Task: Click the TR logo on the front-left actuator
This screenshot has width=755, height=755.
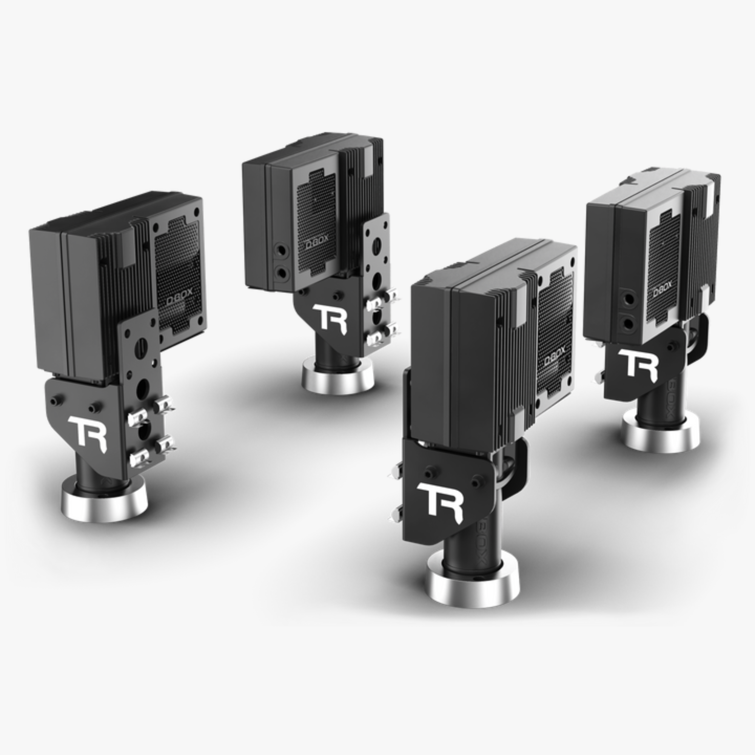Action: tap(88, 434)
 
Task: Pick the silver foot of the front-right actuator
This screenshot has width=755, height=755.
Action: tap(473, 586)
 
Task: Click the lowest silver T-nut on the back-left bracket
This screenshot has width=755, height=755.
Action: tap(375, 337)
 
